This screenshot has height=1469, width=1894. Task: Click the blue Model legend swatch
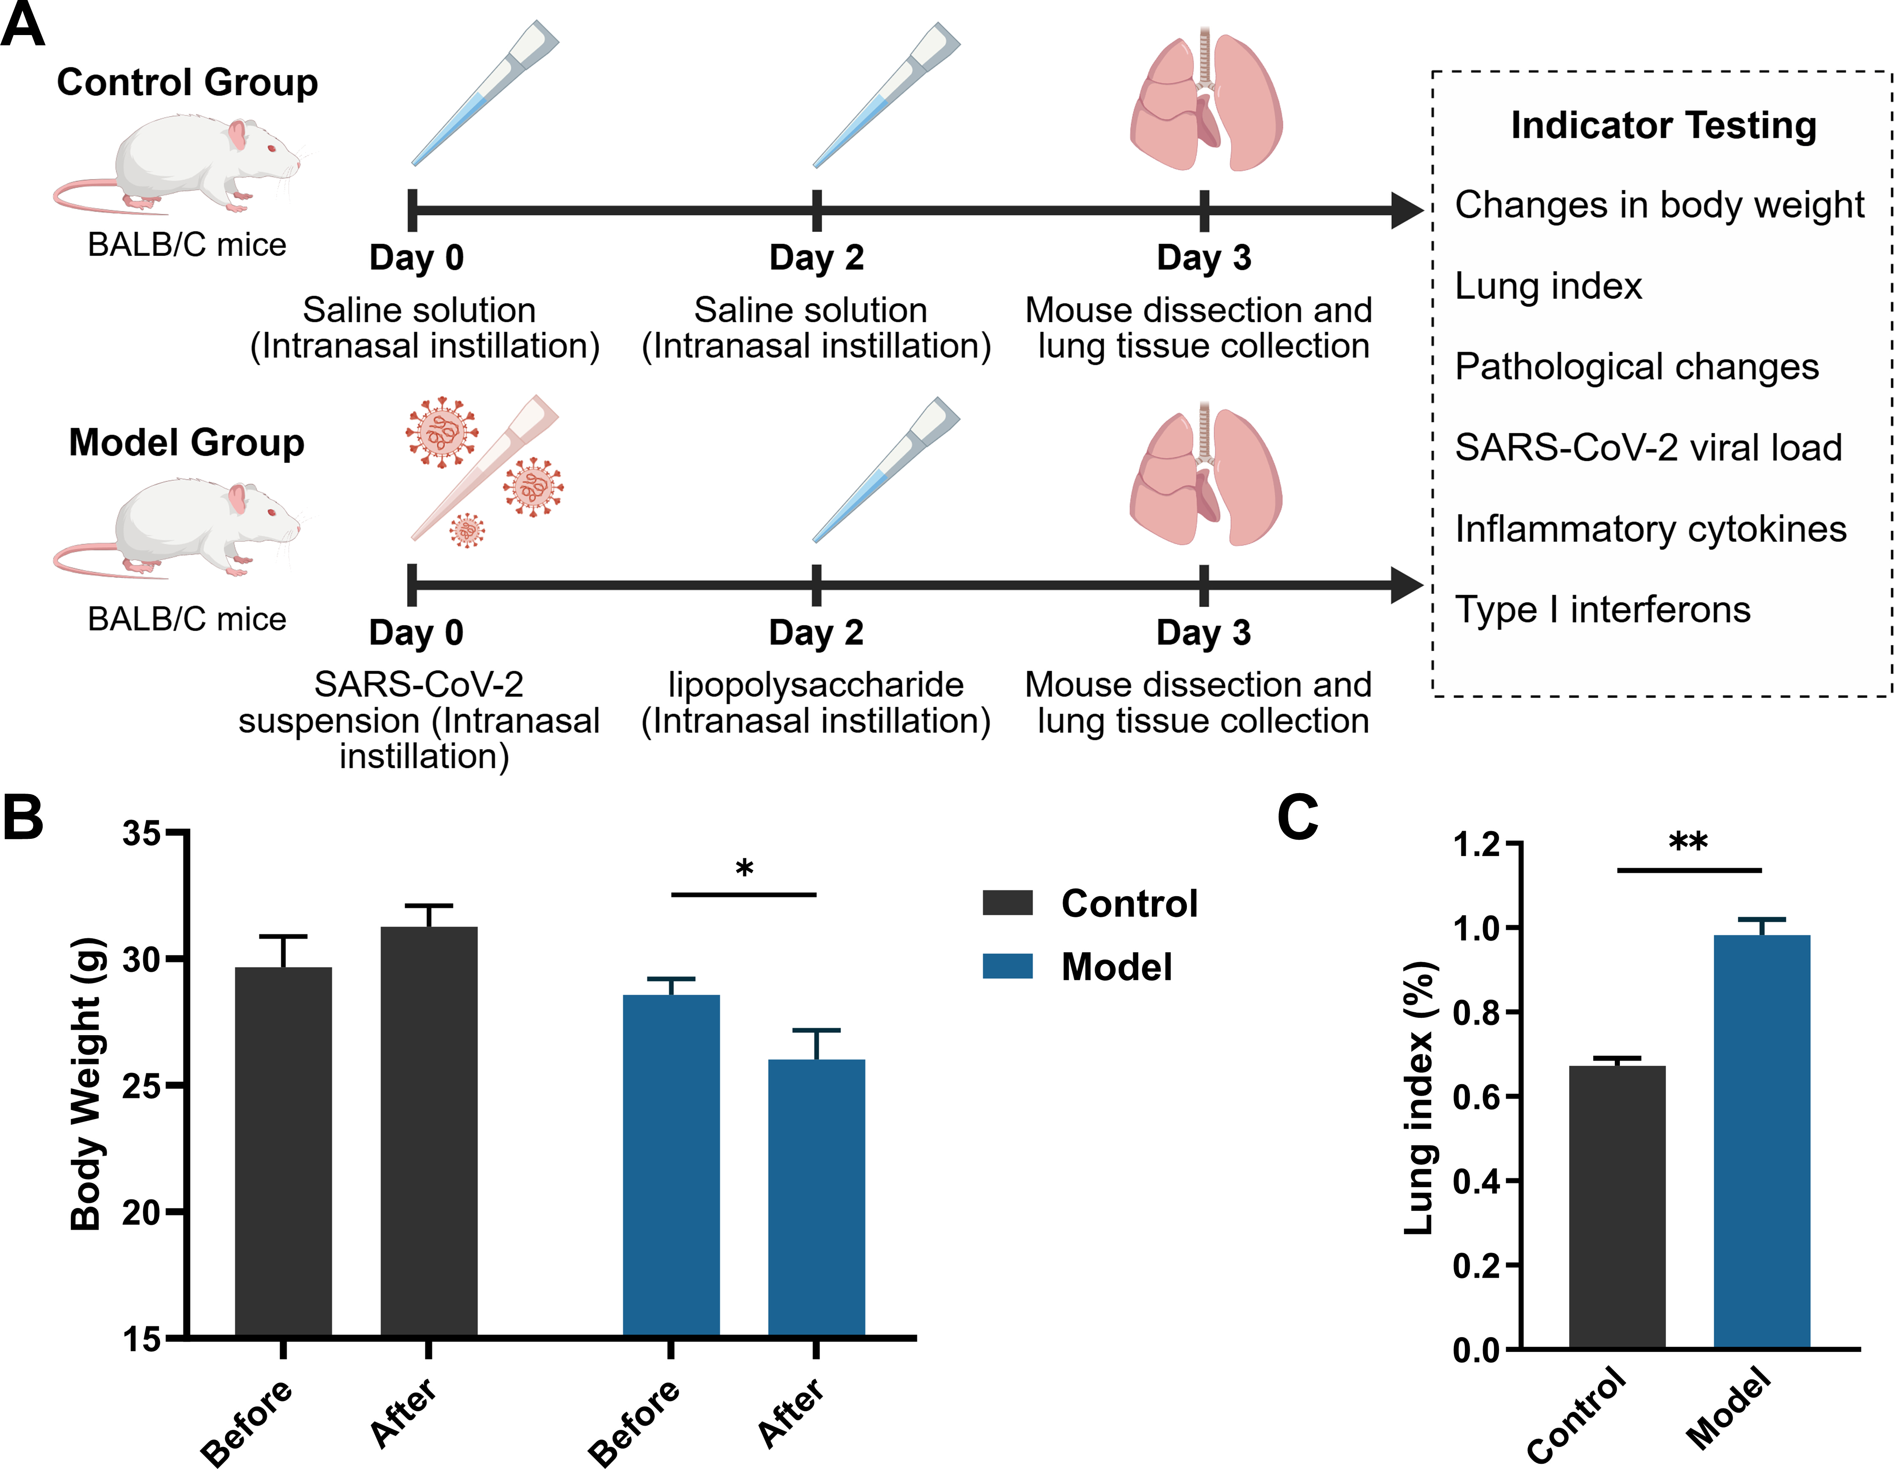tap(1008, 966)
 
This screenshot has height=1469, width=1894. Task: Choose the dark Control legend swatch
tap(1008, 903)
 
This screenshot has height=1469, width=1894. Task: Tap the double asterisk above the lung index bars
tap(1688, 841)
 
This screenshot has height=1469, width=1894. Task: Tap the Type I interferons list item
tap(1603, 609)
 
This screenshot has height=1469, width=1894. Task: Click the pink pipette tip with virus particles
tap(484, 468)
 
